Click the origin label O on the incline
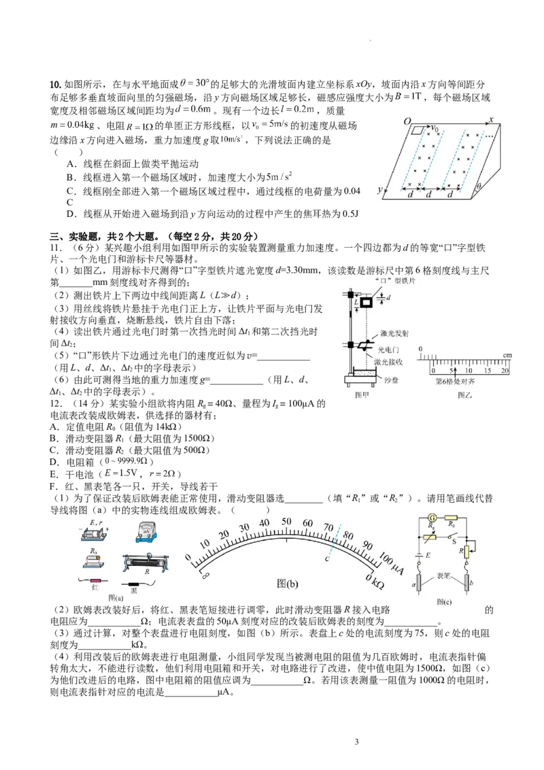407,121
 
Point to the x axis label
490,120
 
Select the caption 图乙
464,395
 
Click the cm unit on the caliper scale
507,356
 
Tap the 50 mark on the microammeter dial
286,522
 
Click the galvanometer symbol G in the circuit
430,518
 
